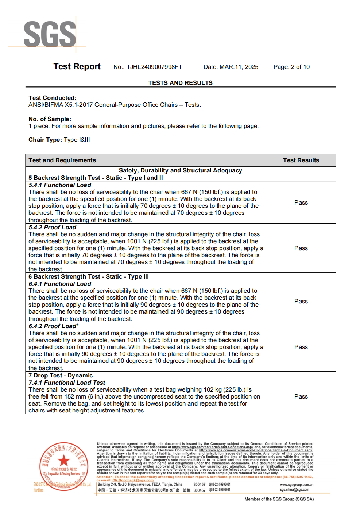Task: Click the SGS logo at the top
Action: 50,34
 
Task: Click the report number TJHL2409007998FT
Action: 154,67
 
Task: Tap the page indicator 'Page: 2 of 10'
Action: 291,67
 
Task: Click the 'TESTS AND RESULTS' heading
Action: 180,83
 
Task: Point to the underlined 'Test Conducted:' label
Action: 53,98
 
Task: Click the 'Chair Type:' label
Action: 45,140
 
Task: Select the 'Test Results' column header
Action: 301,160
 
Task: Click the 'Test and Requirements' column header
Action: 62,160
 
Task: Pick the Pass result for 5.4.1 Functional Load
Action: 301,203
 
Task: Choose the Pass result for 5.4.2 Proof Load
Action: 301,248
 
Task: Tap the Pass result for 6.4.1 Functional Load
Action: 301,302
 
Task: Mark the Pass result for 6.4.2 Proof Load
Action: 301,347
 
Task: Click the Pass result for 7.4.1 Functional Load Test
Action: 301,397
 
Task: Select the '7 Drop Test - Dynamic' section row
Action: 61,376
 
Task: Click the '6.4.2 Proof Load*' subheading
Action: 54,326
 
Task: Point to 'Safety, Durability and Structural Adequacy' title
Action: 180,171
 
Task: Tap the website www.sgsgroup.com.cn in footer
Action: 297,485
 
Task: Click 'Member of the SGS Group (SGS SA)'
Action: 279,499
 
